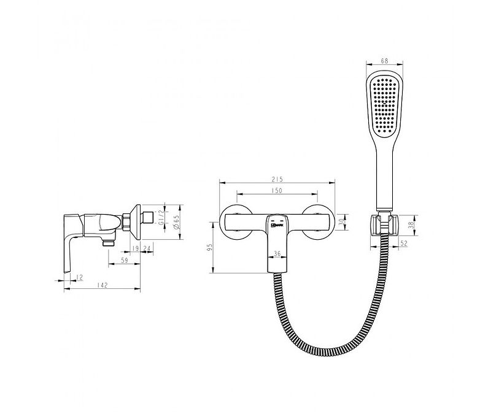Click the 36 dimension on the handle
tap(277, 253)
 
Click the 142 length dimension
tap(103, 285)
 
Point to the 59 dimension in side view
tap(126, 261)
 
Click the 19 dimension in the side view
tap(134, 248)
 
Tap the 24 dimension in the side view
tap(147, 248)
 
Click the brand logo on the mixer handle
tap(276, 226)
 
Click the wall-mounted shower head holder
tap(384, 224)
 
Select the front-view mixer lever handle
tap(276, 245)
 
